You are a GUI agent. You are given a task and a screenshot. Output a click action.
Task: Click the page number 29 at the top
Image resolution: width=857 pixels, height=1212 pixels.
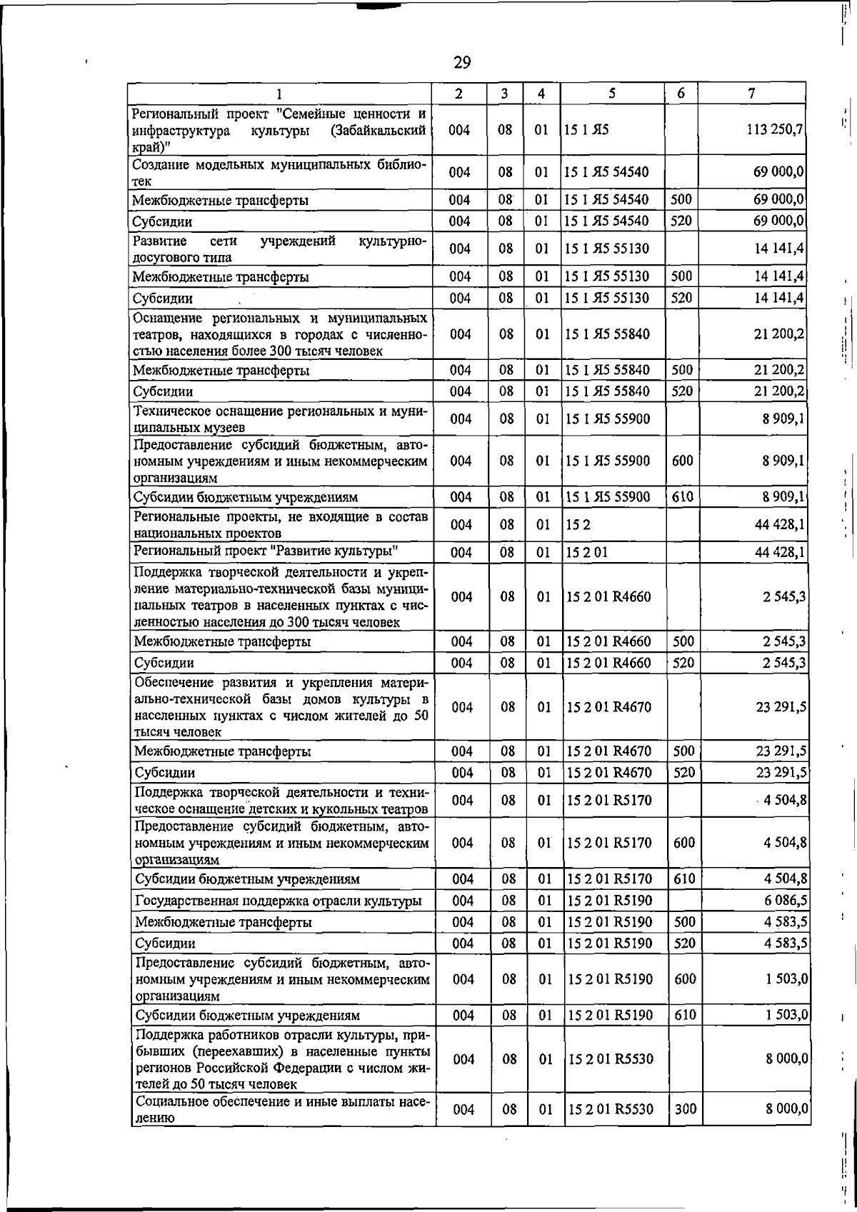click(462, 63)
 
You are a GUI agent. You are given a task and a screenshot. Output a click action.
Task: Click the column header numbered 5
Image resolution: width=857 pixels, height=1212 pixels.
click(612, 94)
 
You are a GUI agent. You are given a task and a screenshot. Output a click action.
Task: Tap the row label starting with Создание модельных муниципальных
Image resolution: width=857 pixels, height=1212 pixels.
click(279, 172)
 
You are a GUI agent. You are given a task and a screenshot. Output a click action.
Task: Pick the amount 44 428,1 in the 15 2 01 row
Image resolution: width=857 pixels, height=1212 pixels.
click(781, 552)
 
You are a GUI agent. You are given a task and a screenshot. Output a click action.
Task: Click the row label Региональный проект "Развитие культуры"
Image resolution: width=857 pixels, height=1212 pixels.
click(266, 552)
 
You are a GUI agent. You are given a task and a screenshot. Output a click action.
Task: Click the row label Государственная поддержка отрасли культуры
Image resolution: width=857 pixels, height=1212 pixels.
click(278, 901)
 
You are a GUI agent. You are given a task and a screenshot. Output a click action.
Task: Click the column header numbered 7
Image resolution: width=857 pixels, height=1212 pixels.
click(751, 94)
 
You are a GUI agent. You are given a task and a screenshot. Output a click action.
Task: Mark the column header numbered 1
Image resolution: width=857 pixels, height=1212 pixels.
click(279, 94)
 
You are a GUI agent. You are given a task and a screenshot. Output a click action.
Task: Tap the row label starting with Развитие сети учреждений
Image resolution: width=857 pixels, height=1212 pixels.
click(279, 249)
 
